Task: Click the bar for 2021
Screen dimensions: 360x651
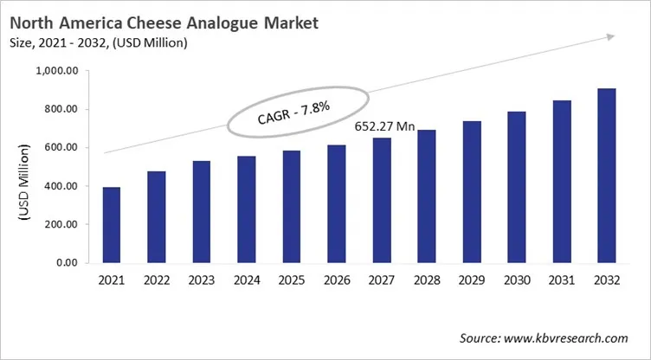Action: pyautogui.click(x=111, y=224)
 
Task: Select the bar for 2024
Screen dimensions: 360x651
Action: pyautogui.click(x=246, y=209)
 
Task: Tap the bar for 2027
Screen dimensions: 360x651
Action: pyautogui.click(x=381, y=200)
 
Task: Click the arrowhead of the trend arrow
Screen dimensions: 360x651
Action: pyautogui.click(x=610, y=36)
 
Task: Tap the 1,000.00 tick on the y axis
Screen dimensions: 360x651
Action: pyautogui.click(x=55, y=71)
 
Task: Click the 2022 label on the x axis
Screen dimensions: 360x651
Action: pyautogui.click(x=156, y=281)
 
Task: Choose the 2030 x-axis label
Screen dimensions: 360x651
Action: pyautogui.click(x=515, y=281)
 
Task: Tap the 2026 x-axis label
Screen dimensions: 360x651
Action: pyautogui.click(x=336, y=281)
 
